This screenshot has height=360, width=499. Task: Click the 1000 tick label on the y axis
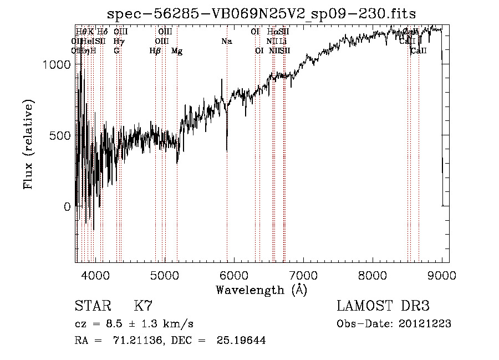57,64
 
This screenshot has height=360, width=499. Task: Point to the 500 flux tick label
60,135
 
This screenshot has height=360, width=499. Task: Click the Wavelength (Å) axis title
261,290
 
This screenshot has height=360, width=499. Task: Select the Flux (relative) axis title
29,144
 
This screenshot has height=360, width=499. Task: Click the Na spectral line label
226,41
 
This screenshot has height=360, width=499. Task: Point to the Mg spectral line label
177,51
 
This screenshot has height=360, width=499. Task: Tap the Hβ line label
155,51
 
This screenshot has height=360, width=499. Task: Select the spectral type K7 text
143,306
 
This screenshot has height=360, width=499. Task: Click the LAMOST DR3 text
383,306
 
